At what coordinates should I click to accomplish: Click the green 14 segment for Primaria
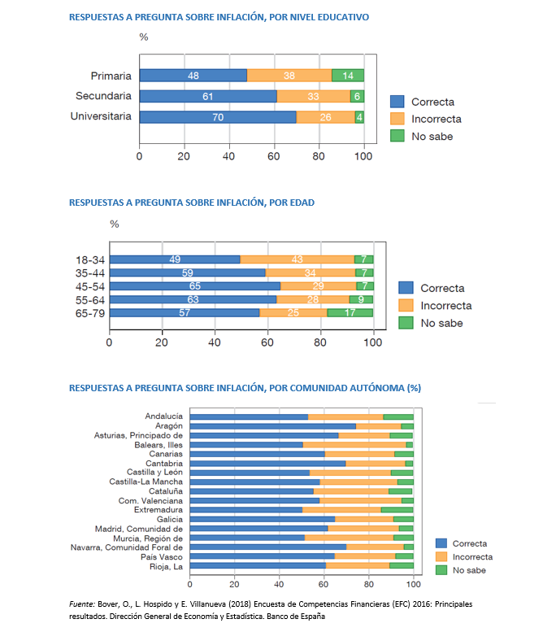[x=348, y=76]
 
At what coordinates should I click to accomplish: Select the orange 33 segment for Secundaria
[x=314, y=96]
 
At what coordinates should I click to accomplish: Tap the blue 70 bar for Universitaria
[x=218, y=117]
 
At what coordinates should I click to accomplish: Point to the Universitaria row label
[x=101, y=116]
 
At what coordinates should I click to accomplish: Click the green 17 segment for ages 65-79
[x=350, y=313]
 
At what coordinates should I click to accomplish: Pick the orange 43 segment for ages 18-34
[x=298, y=259]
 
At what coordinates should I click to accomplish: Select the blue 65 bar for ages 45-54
[x=195, y=286]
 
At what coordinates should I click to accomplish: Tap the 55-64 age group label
[x=90, y=300]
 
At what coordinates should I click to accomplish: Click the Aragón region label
[x=169, y=426]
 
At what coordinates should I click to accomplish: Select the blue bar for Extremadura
[x=246, y=510]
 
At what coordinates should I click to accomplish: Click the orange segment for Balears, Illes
[x=354, y=445]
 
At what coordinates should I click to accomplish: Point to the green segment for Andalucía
[x=398, y=416]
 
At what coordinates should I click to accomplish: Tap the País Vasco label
[x=162, y=557]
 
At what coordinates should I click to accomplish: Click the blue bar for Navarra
[x=268, y=547]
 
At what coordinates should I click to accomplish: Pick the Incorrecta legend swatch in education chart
[x=397, y=119]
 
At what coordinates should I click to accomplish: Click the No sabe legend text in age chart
[x=441, y=323]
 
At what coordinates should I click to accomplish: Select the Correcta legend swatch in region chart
[x=441, y=543]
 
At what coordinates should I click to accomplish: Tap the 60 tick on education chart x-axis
[x=274, y=156]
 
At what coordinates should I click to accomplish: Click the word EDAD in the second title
[x=302, y=203]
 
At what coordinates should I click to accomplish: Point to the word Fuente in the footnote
[x=81, y=604]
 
